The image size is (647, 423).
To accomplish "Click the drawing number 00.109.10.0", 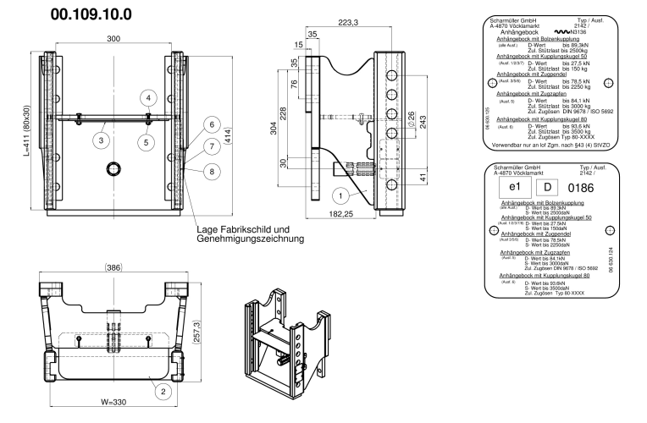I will (x=91, y=14).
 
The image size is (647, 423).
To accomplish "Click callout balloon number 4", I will (x=148, y=98).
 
